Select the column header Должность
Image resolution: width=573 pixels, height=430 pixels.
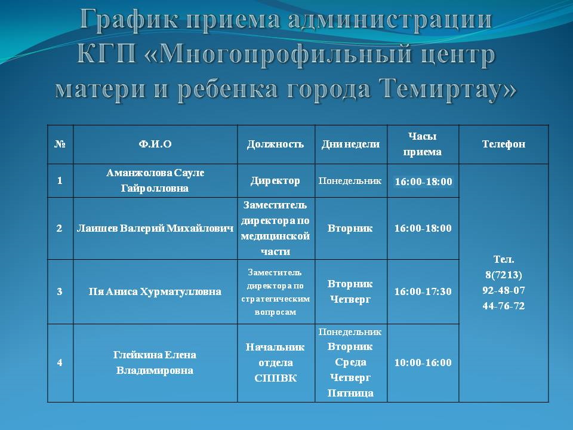tap(275, 144)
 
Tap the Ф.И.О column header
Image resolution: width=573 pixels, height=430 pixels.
tap(155, 144)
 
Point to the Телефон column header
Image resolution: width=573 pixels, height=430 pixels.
tap(504, 144)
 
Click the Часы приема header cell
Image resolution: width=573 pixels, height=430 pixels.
tap(423, 144)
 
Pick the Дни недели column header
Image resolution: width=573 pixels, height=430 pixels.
tap(350, 144)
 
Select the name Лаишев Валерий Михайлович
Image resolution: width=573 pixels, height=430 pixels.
tap(155, 229)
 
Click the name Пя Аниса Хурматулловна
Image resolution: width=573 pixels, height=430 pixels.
tap(155, 291)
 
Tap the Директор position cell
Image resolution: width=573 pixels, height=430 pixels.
tap(275, 180)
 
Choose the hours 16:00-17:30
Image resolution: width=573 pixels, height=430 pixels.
tap(423, 291)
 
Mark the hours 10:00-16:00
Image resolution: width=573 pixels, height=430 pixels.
tap(423, 363)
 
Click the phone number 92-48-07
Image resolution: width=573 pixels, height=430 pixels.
tap(504, 290)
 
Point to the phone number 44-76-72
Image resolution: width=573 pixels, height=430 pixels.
tap(504, 306)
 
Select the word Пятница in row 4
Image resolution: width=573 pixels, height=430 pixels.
tap(350, 393)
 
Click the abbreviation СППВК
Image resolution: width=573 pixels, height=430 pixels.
tap(275, 378)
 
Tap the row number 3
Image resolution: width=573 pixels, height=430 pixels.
tap(60, 291)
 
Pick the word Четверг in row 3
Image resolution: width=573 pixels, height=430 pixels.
tap(350, 299)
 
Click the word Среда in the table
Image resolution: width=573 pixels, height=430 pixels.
tap(350, 363)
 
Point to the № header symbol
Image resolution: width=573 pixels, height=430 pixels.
tap(60, 144)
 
